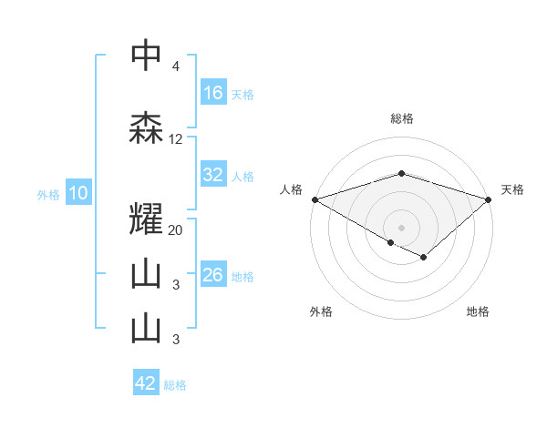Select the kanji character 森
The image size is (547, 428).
click(146, 128)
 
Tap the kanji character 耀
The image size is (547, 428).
click(146, 218)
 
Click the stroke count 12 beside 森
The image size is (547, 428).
click(176, 139)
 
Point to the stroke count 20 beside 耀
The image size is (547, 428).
click(176, 229)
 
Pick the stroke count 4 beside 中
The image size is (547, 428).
click(175, 67)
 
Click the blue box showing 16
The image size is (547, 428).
click(213, 93)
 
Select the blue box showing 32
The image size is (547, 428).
click(213, 176)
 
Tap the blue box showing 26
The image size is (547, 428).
click(213, 276)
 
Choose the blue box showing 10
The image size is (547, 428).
click(77, 193)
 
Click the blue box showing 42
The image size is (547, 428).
click(146, 383)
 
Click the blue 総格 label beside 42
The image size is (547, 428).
click(175, 385)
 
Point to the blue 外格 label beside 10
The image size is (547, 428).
click(48, 194)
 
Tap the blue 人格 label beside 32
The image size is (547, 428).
click(243, 177)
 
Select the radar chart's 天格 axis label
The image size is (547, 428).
click(512, 189)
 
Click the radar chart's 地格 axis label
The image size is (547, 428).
click(478, 311)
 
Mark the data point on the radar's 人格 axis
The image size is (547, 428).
click(315, 199)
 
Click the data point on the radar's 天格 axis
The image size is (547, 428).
click(489, 199)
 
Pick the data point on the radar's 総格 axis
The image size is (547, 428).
click(401, 173)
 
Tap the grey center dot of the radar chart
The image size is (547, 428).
click(401, 227)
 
